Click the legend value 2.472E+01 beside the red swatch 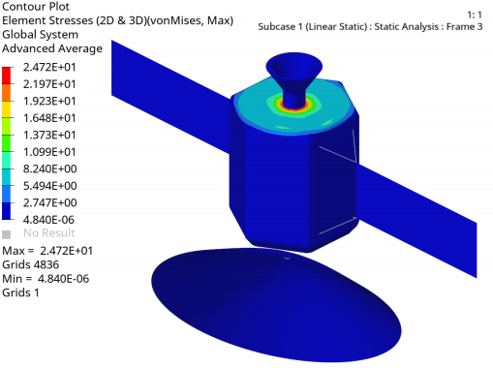click(x=49, y=67)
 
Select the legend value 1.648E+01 click(x=49, y=118)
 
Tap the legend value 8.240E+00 click(x=49, y=169)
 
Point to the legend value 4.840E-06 click(x=48, y=220)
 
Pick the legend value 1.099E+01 click(x=49, y=152)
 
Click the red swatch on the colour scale click(x=6, y=76)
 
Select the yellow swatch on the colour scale click(x=6, y=109)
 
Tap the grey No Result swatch click(x=6, y=234)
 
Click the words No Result click(x=49, y=232)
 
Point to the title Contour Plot click(x=36, y=7)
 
